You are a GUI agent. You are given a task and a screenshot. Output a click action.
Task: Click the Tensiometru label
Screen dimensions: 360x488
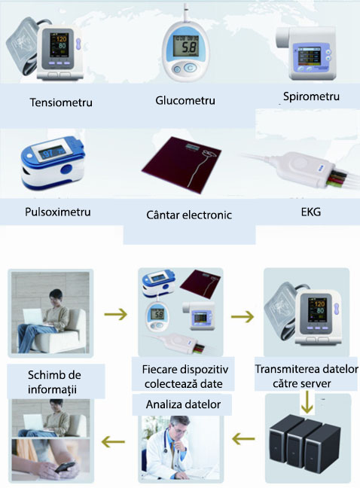[x=61, y=102]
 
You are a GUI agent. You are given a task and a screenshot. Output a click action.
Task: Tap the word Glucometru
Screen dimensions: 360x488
[x=185, y=100]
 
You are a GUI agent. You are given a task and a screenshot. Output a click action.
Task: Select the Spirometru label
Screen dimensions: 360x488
[x=311, y=96]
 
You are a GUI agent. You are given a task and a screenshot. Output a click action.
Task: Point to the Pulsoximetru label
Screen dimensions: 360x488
[x=58, y=212]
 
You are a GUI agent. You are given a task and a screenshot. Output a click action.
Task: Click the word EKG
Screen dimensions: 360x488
[x=311, y=212]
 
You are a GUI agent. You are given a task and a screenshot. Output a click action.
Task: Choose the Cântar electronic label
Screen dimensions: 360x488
[x=189, y=215]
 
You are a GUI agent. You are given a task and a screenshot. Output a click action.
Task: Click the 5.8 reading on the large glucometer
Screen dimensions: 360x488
[x=188, y=47]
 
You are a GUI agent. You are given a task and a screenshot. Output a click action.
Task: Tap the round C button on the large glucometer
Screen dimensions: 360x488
[x=190, y=68]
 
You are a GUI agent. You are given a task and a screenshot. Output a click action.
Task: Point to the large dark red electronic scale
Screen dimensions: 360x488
[x=182, y=163]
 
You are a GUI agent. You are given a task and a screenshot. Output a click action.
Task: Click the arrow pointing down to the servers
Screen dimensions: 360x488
[x=307, y=402]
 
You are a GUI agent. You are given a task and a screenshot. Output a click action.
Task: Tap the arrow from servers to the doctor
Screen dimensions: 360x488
[x=243, y=440]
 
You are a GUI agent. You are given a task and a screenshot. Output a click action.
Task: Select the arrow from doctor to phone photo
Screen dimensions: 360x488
[x=113, y=441]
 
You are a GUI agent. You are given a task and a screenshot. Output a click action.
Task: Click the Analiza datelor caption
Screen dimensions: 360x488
[x=183, y=404]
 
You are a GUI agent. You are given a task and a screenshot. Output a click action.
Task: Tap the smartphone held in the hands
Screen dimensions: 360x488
[x=65, y=468]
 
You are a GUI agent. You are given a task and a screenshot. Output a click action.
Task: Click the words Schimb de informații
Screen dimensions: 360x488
[x=54, y=382]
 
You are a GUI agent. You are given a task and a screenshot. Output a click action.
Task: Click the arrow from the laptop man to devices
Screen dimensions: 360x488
[x=116, y=314]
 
